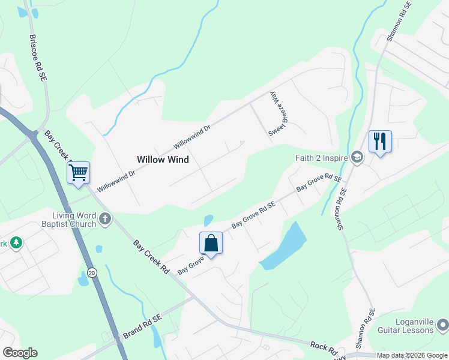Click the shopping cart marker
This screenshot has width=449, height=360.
coord(79,173)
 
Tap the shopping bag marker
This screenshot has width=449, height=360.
coord(211,243)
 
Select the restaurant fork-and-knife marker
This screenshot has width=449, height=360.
coord(380,142)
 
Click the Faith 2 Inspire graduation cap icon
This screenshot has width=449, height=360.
coord(358,158)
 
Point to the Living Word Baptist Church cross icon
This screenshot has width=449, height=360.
coord(105,218)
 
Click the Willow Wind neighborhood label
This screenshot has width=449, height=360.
coord(163,160)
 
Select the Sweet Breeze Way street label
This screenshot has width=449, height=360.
coord(274,114)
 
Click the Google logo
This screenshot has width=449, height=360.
coord(20,353)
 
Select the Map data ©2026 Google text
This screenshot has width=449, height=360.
coord(412,356)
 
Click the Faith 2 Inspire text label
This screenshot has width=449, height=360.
coord(321,158)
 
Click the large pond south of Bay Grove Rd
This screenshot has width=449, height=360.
coord(285,247)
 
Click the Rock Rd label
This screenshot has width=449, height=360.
coord(322,346)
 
